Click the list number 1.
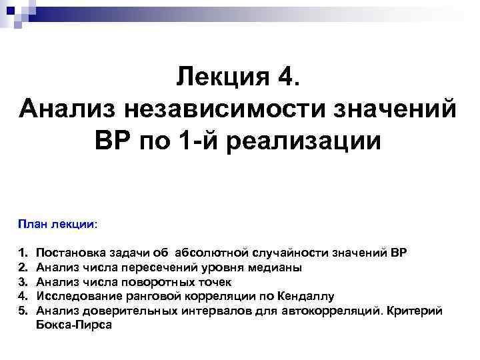(23, 254)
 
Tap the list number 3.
(23, 282)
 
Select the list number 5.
(23, 310)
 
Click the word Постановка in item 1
(68, 254)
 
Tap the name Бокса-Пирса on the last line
(75, 325)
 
